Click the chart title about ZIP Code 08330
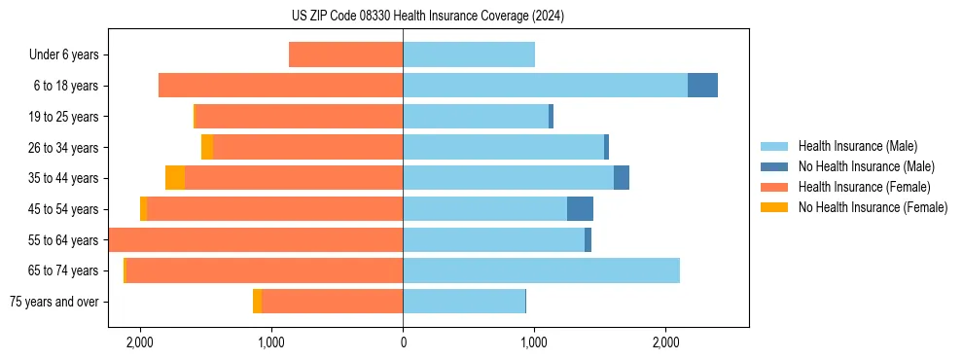click(481, 17)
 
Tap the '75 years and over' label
click(53, 302)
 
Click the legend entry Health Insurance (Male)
click(857, 146)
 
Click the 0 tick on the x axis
click(403, 342)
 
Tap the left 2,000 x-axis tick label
click(140, 342)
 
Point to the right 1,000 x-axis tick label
click(534, 342)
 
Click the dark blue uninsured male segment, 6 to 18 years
click(702, 86)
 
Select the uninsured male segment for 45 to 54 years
click(580, 208)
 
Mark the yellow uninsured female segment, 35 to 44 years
click(175, 178)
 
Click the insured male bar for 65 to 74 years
click(541, 270)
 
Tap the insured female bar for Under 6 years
click(345, 55)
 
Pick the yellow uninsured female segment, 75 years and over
click(257, 302)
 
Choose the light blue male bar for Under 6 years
click(469, 55)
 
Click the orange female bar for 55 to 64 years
click(256, 239)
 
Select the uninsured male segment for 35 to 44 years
click(622, 178)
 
